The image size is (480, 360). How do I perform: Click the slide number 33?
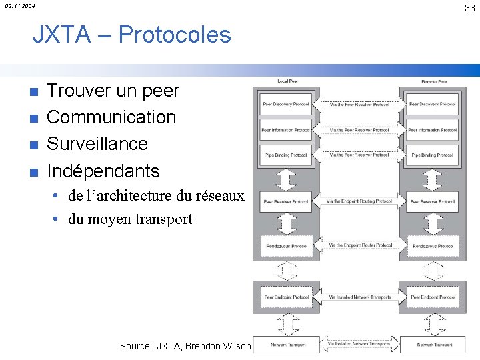pos(470,7)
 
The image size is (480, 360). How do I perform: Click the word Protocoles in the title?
pos(174,35)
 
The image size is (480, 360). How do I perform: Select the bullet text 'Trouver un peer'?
pos(113,90)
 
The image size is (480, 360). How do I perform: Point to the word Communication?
pos(111,117)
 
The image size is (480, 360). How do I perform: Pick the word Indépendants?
pos(103,171)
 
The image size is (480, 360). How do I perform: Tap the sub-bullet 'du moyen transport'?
pos(130,219)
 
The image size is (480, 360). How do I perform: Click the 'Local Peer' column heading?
pos(287,81)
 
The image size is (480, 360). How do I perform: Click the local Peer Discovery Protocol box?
pos(285,105)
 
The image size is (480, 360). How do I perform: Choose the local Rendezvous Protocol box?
pos(285,246)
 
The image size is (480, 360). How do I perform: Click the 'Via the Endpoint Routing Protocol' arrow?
pos(360,201)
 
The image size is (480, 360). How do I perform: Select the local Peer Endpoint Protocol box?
pos(287,297)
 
